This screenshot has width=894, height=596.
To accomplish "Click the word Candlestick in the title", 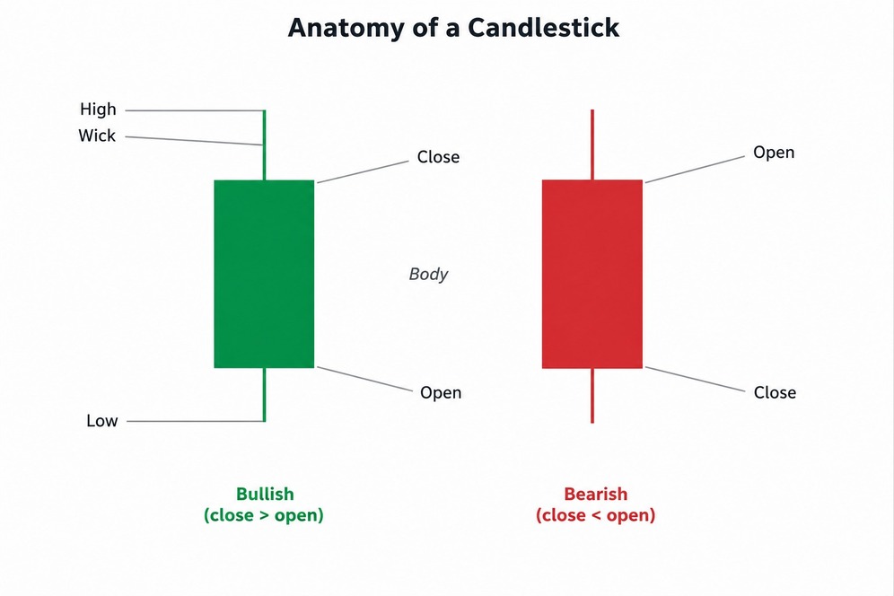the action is point(544,27).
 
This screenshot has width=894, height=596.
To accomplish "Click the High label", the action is point(98,109).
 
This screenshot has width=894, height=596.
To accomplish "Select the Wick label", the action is point(97,136).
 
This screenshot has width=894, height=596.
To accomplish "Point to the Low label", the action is point(102,421).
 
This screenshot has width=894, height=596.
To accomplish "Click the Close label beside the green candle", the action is point(438,157).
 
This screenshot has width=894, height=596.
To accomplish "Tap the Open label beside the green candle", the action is point(441,393).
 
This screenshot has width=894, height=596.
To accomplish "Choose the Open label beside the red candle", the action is point(774,153).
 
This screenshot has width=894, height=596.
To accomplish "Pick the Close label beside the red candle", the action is point(775,392).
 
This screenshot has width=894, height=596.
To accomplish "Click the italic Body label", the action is point(428,275).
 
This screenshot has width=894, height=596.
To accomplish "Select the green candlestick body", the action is point(264,274).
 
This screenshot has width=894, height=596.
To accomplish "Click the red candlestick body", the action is point(592,274).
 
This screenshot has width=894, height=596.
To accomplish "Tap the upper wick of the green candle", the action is point(264,145).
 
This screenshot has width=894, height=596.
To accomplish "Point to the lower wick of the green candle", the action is point(264,395).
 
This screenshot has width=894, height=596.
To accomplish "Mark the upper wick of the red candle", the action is point(592,145).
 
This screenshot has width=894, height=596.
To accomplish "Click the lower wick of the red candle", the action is point(592,396).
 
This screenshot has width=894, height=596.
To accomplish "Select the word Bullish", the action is point(265,494).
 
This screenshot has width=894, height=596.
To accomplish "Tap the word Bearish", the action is point(596,494).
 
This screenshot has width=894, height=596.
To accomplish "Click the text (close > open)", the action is point(264,515).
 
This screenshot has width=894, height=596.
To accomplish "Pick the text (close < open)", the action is point(596,515).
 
